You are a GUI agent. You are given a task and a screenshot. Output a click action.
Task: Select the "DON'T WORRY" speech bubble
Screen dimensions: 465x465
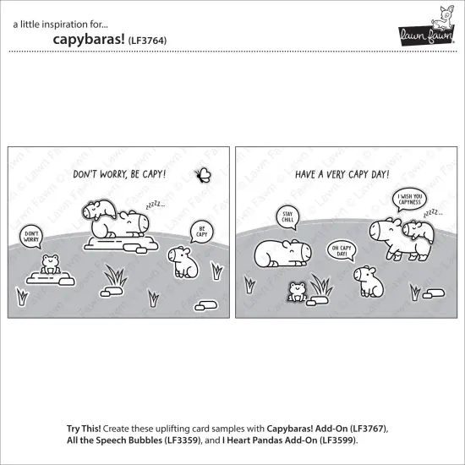[31, 237]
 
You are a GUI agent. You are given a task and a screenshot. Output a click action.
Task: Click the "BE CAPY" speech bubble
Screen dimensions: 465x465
[203, 231]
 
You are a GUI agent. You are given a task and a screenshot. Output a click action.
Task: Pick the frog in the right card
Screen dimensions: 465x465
[298, 292]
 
